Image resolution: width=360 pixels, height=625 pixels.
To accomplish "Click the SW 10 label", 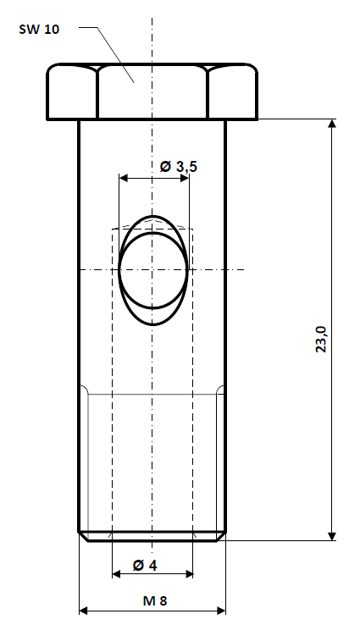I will pos(40,29).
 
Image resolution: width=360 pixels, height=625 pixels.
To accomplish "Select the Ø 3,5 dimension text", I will pos(178,167).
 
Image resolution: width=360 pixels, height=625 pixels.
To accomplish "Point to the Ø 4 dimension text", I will pos(146,564).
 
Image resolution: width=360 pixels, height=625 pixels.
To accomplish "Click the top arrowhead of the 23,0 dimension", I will pos(331,124).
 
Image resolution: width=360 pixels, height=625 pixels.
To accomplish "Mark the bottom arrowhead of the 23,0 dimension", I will pos(331,533).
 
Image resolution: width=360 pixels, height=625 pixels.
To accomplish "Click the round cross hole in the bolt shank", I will pos(152,270).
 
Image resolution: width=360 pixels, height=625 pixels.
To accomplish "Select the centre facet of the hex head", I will pos(152,91).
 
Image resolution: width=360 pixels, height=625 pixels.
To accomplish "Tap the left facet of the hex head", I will pos(72,91).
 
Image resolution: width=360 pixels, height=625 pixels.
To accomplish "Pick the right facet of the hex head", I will pos(232,91).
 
